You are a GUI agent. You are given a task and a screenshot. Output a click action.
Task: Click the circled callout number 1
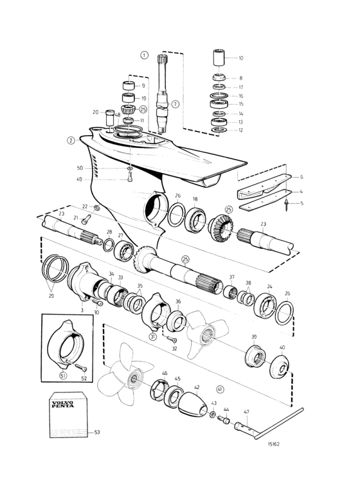tap(144, 55)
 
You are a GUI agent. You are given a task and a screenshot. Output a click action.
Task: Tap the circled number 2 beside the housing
tap(71, 140)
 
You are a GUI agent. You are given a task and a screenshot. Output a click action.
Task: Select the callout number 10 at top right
tap(241, 58)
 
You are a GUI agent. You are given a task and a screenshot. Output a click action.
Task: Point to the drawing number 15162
tap(274, 444)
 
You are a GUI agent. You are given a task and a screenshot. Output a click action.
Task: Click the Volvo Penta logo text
tap(62, 404)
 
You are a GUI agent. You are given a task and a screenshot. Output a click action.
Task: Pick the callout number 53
tap(97, 432)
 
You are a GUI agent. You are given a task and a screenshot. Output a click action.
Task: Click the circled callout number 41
tap(220, 389)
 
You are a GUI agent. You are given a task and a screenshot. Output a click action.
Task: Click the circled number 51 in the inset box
tap(64, 375)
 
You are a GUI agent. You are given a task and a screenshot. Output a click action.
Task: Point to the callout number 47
tap(246, 412)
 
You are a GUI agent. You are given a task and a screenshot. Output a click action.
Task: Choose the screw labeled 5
tap(287, 205)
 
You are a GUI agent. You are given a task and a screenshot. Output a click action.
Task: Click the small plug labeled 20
tap(110, 118)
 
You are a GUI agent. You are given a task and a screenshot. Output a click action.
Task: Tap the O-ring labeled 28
tap(109, 245)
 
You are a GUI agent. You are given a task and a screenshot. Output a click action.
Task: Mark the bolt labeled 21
tap(86, 219)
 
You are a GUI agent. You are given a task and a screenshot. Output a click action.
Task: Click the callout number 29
tap(51, 296)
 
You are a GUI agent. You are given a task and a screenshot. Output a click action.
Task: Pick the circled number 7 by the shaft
tap(175, 104)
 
